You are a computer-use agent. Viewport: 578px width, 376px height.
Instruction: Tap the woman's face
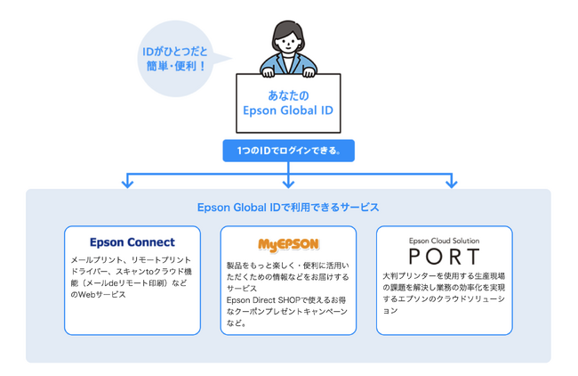(288, 40)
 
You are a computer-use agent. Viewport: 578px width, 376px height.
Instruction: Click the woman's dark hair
(288, 26)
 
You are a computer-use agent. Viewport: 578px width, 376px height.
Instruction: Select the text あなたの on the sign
(288, 94)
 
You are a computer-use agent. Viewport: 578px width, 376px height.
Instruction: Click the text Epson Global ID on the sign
(288, 111)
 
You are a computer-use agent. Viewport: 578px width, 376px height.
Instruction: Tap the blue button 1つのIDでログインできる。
(288, 151)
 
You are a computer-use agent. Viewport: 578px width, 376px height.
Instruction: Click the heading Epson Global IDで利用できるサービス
(288, 208)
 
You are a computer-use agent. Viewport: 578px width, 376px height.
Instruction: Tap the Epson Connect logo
(132, 242)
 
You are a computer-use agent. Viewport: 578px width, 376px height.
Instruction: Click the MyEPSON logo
(288, 244)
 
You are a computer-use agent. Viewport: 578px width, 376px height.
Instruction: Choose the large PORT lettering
(444, 257)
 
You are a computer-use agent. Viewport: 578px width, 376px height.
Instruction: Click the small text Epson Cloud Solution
(444, 241)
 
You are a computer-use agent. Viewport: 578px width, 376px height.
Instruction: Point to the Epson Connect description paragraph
(131, 277)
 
